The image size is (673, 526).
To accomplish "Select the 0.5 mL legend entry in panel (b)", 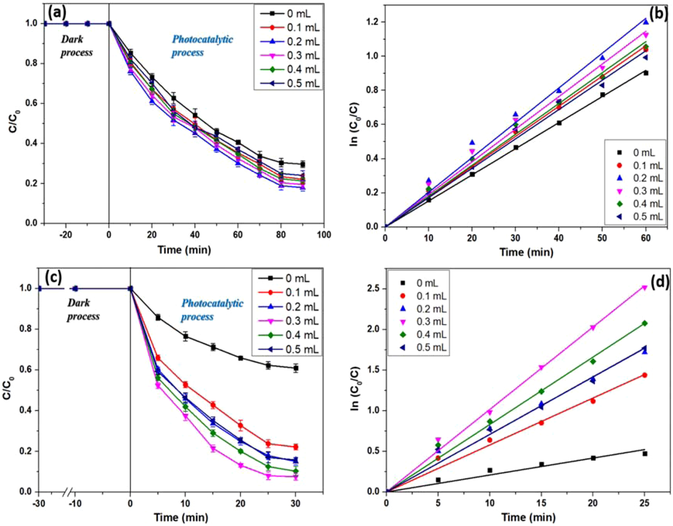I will [640, 217].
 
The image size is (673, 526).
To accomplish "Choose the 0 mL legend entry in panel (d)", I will [419, 283].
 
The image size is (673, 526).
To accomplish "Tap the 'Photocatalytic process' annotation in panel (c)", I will [212, 310].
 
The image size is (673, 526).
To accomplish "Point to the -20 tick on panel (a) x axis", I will [66, 235].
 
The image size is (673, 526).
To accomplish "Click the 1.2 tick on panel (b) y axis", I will [373, 22].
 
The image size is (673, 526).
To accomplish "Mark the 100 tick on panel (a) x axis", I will [324, 235].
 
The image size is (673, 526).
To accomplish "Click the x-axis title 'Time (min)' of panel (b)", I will [526, 252].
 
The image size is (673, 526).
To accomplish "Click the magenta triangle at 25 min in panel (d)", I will [645, 287].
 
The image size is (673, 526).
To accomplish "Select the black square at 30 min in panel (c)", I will [296, 368].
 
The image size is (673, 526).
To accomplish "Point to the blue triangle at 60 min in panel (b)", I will [646, 22].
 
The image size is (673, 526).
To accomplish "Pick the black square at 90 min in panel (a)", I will [303, 164].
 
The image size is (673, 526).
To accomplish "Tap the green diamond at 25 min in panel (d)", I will [645, 323].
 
